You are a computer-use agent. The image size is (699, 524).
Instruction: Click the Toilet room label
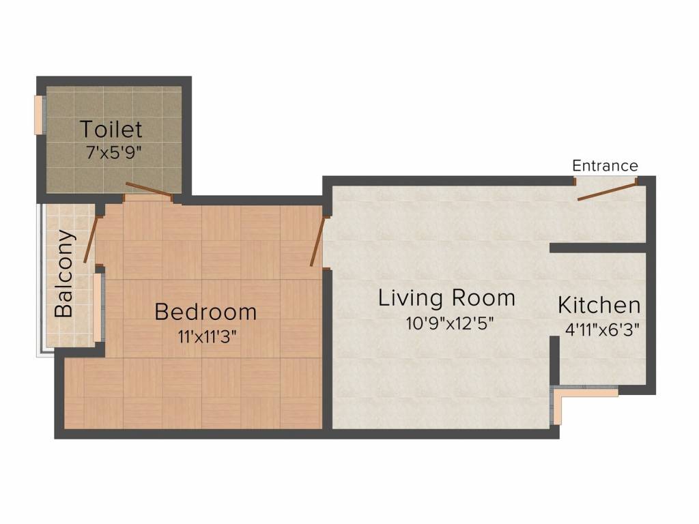(x=111, y=129)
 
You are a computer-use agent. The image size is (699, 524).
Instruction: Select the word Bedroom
(x=205, y=312)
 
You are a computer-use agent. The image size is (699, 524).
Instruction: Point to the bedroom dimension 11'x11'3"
(x=205, y=336)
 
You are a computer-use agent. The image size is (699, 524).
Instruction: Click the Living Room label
(x=446, y=298)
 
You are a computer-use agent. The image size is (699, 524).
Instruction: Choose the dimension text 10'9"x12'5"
(x=449, y=323)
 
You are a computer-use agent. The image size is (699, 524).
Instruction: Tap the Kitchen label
(x=599, y=304)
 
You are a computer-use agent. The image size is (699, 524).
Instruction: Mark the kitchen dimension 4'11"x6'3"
(x=601, y=330)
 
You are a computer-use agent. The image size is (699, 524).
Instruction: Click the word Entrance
(x=605, y=166)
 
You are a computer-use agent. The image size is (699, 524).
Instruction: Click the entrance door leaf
(x=607, y=191)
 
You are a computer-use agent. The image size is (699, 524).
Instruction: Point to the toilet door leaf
(x=148, y=190)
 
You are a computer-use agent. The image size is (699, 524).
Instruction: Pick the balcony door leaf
(x=90, y=239)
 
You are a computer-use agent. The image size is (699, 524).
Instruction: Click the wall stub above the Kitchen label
(x=597, y=248)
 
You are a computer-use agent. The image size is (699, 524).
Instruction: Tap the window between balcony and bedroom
(x=100, y=307)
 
